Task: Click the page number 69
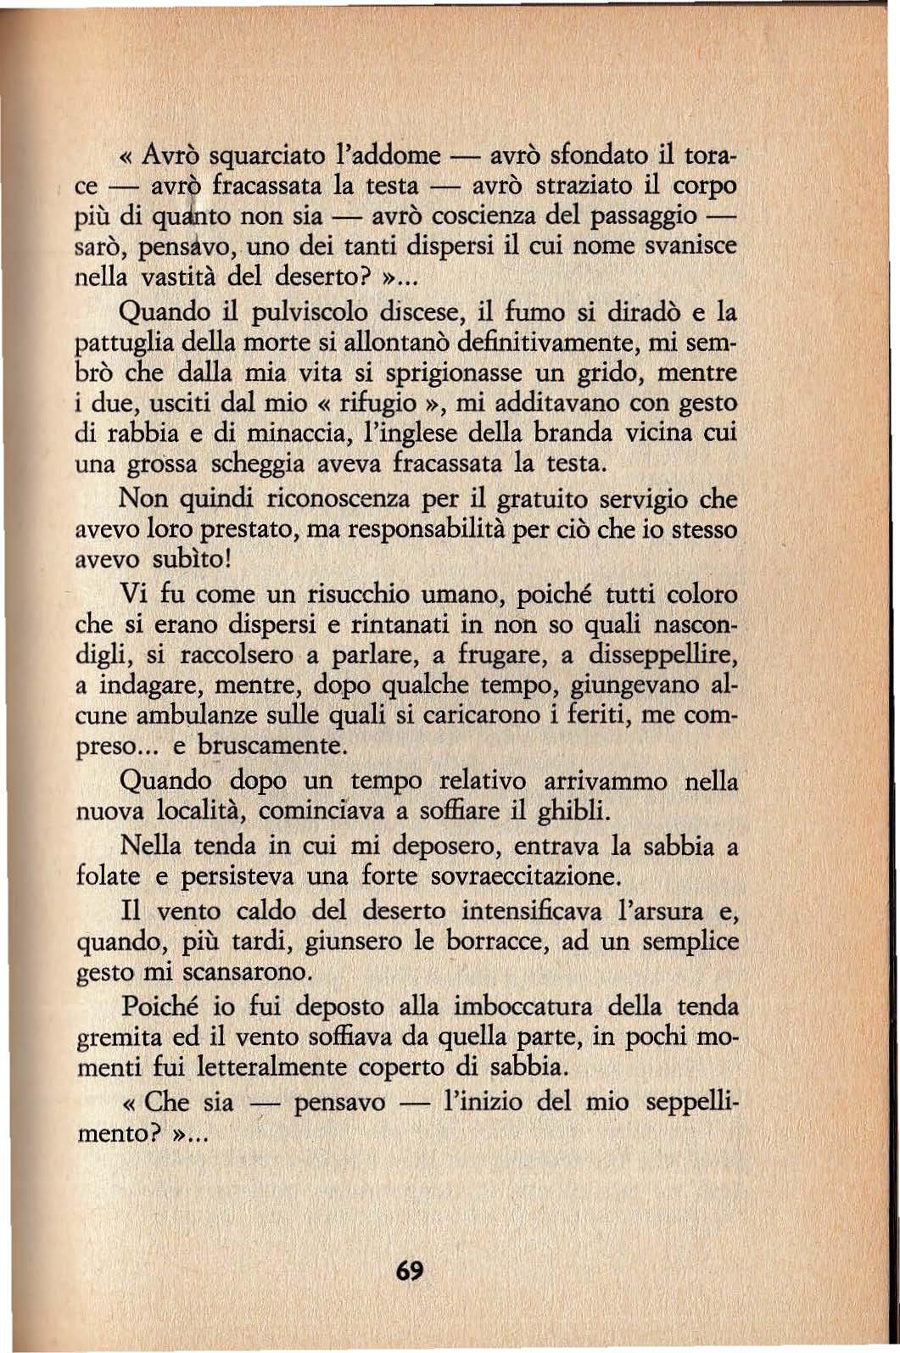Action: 409,1272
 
